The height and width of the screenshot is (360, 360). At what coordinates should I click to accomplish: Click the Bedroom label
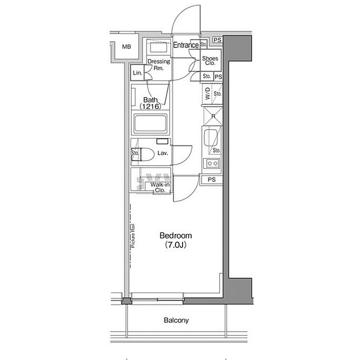pyautogui.click(x=176, y=236)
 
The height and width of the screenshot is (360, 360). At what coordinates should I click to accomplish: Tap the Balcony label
pyautogui.click(x=176, y=320)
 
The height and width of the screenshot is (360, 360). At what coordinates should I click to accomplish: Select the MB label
pyautogui.click(x=127, y=47)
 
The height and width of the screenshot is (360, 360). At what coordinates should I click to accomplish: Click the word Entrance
pyautogui.click(x=186, y=45)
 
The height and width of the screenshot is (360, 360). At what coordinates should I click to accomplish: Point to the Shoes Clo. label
pyautogui.click(x=210, y=61)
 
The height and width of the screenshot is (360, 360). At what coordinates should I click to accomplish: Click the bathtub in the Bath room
pyautogui.click(x=151, y=124)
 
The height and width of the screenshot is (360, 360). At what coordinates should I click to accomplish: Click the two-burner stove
pyautogui.click(x=212, y=164)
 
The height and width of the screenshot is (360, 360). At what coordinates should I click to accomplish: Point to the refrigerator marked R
pyautogui.click(x=213, y=116)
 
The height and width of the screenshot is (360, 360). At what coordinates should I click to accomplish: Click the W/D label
pyautogui.click(x=208, y=93)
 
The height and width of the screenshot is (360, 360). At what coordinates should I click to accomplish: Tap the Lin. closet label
pyautogui.click(x=137, y=73)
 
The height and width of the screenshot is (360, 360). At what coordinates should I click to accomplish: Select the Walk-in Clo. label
pyautogui.click(x=160, y=187)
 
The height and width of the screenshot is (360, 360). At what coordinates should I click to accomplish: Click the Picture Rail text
pyautogui.click(x=133, y=236)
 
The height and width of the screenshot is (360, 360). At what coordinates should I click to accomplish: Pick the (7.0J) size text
pyautogui.click(x=176, y=245)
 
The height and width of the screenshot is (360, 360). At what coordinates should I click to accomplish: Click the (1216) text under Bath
pyautogui.click(x=150, y=106)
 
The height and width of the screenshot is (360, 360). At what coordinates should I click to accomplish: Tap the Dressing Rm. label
pyautogui.click(x=158, y=64)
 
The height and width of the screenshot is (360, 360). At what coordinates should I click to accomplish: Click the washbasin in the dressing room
pyautogui.click(x=159, y=47)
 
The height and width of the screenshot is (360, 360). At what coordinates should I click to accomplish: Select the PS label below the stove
pyautogui.click(x=212, y=179)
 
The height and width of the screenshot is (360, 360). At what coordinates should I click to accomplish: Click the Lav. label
pyautogui.click(x=163, y=153)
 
